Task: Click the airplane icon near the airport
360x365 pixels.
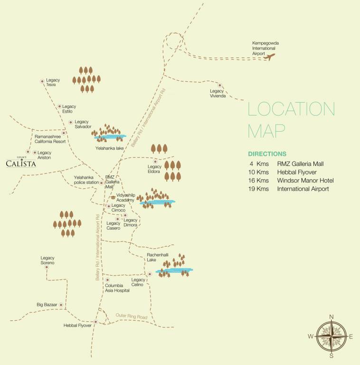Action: click(x=269, y=58)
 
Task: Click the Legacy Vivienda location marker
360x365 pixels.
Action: click(x=220, y=85)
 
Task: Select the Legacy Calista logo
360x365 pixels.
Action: click(x=21, y=163)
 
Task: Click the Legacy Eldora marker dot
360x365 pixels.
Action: click(x=155, y=161)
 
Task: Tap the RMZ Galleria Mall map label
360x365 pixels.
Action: click(x=112, y=182)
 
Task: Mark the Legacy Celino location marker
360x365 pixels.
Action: click(x=150, y=274)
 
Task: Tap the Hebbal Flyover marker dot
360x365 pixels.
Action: click(x=95, y=322)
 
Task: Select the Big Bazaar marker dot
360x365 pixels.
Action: click(x=61, y=304)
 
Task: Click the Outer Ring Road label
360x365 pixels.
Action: click(x=132, y=317)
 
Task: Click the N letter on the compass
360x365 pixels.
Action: click(x=332, y=317)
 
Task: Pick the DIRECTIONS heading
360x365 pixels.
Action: click(x=267, y=154)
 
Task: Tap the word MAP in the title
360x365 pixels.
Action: click(x=266, y=130)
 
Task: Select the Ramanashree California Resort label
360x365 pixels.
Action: click(x=49, y=139)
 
